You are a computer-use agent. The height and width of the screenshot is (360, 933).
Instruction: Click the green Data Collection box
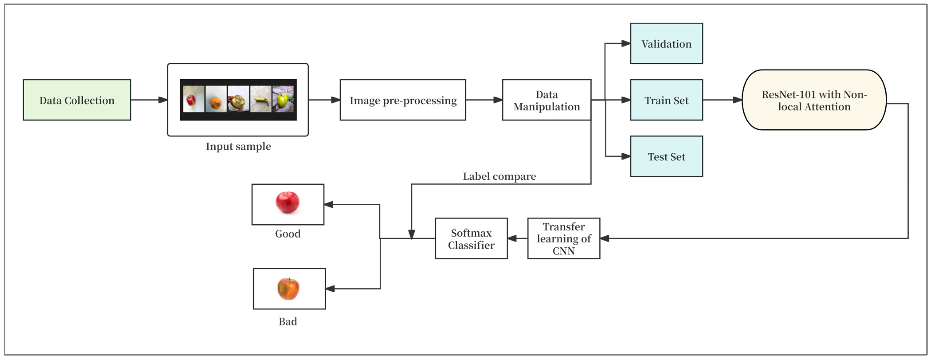tap(77, 100)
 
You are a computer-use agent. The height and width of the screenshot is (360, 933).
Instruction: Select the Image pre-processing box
tap(403, 100)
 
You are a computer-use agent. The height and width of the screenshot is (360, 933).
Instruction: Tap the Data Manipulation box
tap(547, 100)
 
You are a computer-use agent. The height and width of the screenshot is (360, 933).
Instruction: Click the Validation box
tap(667, 43)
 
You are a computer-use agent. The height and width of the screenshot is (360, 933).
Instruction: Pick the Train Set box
tap(667, 100)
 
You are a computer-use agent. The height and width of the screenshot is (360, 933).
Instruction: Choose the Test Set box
tap(667, 156)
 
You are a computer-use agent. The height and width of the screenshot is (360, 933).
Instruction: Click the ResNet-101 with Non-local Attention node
tap(814, 100)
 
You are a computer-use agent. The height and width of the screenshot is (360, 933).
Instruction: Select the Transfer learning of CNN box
tap(564, 238)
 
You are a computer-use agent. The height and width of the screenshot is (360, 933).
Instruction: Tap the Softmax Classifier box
tap(471, 238)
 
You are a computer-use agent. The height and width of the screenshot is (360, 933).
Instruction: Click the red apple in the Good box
tap(288, 202)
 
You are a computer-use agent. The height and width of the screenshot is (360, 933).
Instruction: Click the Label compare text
tap(499, 176)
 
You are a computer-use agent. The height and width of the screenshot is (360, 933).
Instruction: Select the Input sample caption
tap(238, 146)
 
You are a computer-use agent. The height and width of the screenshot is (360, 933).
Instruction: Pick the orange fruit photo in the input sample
tap(216, 99)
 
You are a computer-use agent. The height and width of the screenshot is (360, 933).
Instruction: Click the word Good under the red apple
tap(288, 234)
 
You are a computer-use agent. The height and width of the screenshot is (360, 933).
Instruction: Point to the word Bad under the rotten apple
tap(288, 321)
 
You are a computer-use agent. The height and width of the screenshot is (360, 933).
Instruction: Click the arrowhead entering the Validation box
tap(626, 43)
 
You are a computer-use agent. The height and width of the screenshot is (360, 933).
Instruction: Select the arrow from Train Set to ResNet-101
tap(723, 100)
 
